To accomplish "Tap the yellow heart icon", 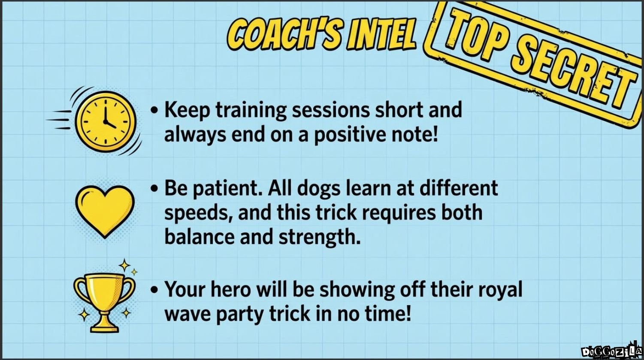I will (x=105, y=209).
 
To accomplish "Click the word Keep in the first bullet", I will (x=186, y=111).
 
